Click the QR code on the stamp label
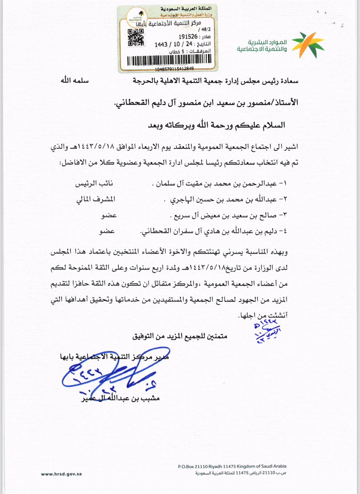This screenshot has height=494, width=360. pos(136,38)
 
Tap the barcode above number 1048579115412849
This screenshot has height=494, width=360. pos(169,60)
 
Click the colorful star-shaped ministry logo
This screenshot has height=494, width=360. pos(308,45)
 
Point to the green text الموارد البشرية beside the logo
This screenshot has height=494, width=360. pos(267,42)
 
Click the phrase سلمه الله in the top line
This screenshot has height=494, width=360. pos(75,81)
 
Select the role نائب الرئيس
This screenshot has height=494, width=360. pos(94,184)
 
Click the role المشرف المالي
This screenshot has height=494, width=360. pos(96,199)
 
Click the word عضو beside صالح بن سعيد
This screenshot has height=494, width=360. pos(109,215)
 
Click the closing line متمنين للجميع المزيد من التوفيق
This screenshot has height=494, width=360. pos(180,336)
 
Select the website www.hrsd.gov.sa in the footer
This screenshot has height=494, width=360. pos(61,474)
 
